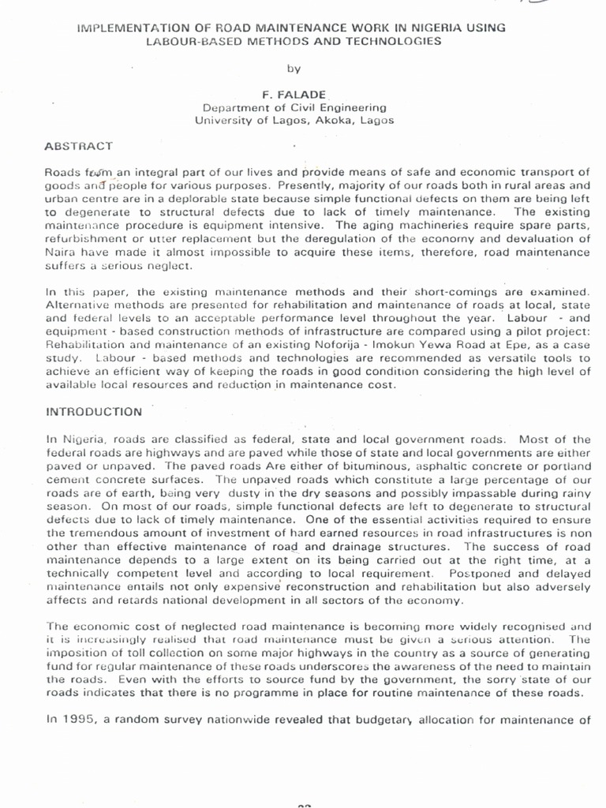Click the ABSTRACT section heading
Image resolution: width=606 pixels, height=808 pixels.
78,146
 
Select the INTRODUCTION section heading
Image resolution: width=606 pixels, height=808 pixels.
93,411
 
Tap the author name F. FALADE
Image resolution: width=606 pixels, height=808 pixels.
294,93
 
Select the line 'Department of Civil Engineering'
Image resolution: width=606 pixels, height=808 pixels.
294,107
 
